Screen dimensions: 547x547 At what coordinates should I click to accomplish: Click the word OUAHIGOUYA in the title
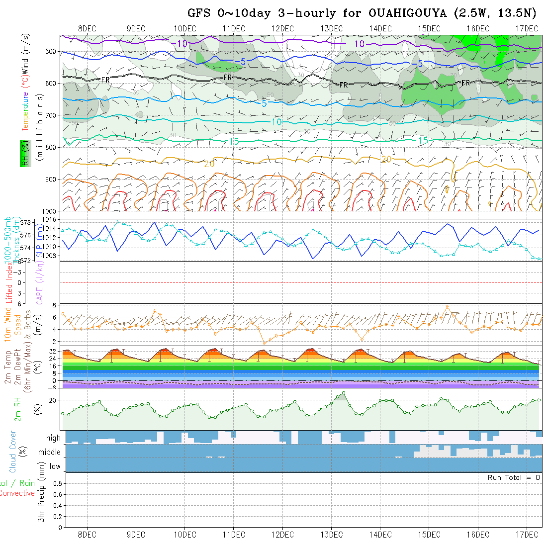click(409, 13)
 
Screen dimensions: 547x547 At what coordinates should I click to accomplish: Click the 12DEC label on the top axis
click(282, 28)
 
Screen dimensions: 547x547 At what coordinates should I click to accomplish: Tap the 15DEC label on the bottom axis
click(429, 535)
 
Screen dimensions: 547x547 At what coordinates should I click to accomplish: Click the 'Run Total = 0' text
click(514, 477)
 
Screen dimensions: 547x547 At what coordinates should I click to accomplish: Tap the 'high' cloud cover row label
click(53, 438)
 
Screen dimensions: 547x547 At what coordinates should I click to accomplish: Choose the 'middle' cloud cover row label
click(50, 452)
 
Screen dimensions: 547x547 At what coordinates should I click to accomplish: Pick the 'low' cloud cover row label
click(55, 466)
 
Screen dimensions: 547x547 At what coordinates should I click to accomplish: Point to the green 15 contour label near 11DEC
click(234, 141)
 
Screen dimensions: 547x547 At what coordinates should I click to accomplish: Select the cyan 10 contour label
click(276, 122)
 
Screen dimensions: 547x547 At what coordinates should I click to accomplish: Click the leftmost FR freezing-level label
click(105, 80)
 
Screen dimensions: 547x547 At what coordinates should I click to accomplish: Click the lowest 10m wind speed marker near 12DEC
click(265, 343)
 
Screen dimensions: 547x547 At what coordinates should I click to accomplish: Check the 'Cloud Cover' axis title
click(13, 452)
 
